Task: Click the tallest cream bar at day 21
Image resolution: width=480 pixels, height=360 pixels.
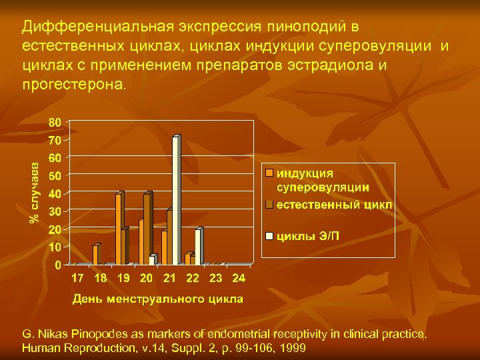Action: [x=176, y=200]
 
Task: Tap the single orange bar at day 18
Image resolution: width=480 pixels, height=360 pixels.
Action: [x=95, y=255]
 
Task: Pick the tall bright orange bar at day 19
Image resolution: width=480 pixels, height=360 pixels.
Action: [x=118, y=229]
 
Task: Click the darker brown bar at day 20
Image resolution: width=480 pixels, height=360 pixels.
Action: [x=147, y=229]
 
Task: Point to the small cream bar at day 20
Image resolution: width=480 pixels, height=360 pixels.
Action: [x=153, y=260]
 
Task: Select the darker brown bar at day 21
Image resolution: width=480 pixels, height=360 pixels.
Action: [x=170, y=237]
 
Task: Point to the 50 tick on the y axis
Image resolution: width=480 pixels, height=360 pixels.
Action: [x=55, y=176]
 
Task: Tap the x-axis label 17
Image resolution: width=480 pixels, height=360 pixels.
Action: [x=77, y=277]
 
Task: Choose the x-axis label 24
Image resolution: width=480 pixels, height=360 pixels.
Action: [x=239, y=277]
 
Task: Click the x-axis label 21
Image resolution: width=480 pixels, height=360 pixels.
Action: [x=169, y=277]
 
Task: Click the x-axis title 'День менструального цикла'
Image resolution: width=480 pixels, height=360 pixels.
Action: [x=157, y=298]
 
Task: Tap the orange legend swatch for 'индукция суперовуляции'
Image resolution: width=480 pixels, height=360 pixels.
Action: [x=269, y=172]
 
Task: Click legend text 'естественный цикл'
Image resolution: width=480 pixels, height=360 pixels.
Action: [x=335, y=205]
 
